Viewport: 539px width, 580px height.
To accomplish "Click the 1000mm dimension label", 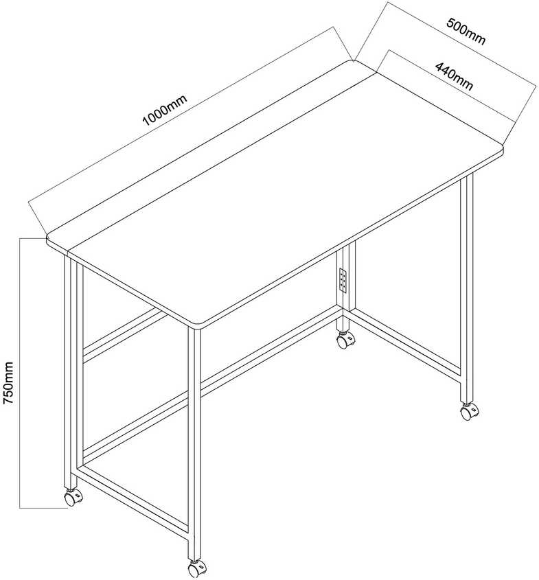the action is tap(165, 110).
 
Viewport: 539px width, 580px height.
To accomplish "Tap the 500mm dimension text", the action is tap(466, 31).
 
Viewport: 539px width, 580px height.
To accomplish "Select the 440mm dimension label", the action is tap(454, 77).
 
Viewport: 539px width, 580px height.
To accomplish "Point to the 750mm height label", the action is tap(8, 382).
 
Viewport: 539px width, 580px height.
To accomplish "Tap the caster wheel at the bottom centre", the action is tap(197, 570).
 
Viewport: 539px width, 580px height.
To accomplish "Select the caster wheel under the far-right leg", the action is tap(470, 411).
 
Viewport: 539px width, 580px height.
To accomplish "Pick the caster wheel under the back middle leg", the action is tap(346, 339).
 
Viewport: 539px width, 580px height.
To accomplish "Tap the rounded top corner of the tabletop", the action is tap(350, 61).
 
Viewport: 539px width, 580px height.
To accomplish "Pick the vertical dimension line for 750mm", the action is tap(20, 373).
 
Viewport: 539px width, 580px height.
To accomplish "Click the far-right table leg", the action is tap(467, 288).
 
